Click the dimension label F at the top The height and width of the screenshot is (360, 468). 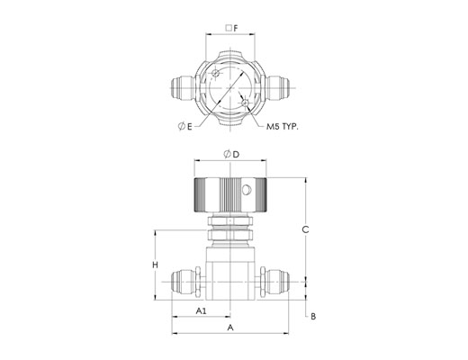[x=236, y=29]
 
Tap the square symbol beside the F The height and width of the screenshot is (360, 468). [x=229, y=28]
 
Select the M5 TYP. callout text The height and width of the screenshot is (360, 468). [x=283, y=127]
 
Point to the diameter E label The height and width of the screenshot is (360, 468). [x=184, y=127]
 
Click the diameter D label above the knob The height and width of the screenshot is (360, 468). [x=231, y=155]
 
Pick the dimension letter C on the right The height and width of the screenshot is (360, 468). [x=305, y=229]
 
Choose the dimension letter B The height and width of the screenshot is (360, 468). [x=313, y=317]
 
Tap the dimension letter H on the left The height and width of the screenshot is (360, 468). [x=155, y=265]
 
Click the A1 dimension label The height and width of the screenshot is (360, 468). [x=201, y=310]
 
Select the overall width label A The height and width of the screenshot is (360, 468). [x=230, y=328]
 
